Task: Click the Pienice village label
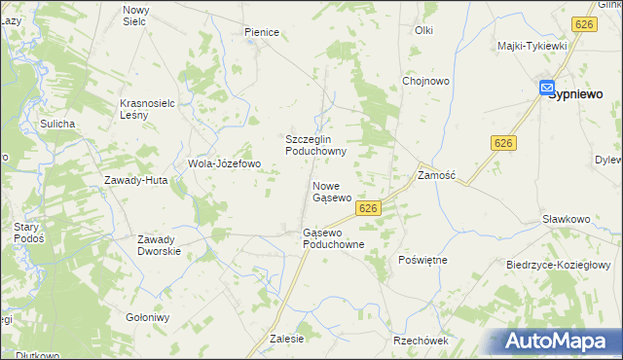pyautogui.click(x=262, y=32)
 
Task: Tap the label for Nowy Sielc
pyautogui.click(x=134, y=15)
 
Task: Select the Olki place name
pyautogui.click(x=423, y=30)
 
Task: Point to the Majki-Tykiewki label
pyautogui.click(x=531, y=46)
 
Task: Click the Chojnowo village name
pyautogui.click(x=426, y=82)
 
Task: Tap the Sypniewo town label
pyautogui.click(x=573, y=94)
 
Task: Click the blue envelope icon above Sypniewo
pyautogui.click(x=547, y=86)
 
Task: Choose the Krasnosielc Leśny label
pyautogui.click(x=147, y=108)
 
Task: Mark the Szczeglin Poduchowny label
pyautogui.click(x=315, y=145)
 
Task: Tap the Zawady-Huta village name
pyautogui.click(x=137, y=180)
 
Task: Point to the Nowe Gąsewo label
pyautogui.click(x=331, y=191)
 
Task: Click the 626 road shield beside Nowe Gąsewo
pyautogui.click(x=368, y=208)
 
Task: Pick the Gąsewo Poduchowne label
pyautogui.click(x=333, y=238)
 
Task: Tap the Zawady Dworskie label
pyautogui.click(x=160, y=245)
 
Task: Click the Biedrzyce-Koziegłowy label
pyautogui.click(x=558, y=265)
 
